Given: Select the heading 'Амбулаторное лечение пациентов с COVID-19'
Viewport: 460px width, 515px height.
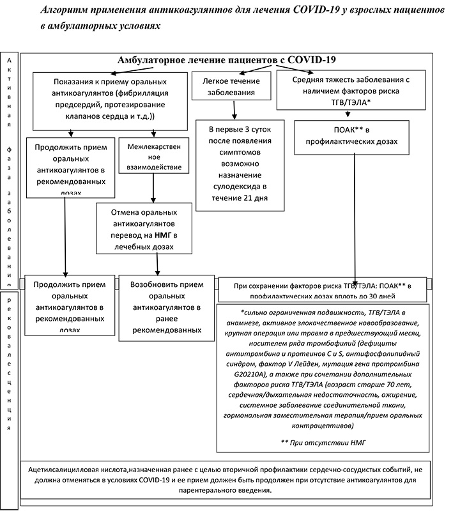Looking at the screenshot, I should [227, 60].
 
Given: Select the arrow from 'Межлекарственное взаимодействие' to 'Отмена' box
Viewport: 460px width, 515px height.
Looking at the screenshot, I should [154, 188].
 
